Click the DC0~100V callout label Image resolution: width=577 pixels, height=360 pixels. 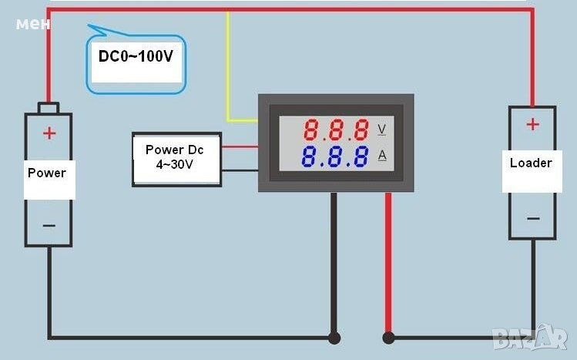(136, 56)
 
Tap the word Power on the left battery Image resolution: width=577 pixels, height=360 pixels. (47, 173)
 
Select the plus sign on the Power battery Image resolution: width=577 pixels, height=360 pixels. (49, 133)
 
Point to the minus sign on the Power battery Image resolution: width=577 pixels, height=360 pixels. (49, 225)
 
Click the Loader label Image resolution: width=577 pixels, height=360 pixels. (531, 163)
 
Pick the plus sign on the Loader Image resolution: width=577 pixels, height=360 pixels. (532, 123)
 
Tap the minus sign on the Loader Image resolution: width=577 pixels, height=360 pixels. (532, 218)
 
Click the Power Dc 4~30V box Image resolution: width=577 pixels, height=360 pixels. (176, 158)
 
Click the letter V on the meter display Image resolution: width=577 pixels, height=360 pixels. (382, 127)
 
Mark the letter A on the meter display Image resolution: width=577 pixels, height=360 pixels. (382, 156)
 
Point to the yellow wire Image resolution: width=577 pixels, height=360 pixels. (228, 77)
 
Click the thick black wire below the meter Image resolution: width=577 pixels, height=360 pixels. (334, 262)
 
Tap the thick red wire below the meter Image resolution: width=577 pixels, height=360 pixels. (388, 262)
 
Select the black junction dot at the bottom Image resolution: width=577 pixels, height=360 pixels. (334, 337)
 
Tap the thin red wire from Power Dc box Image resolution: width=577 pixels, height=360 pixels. (240, 145)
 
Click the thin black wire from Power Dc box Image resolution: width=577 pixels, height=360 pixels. (240, 169)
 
